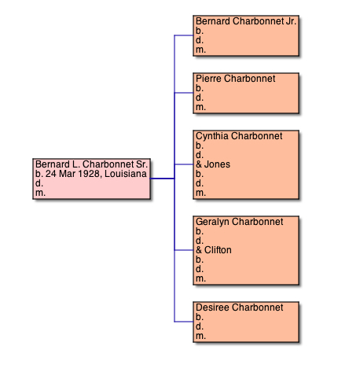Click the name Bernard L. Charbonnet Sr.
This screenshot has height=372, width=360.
pos(91,164)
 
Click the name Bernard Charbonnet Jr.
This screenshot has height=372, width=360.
pos(246,21)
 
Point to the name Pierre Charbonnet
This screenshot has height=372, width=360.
pos(236,79)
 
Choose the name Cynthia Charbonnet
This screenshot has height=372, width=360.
pos(239,136)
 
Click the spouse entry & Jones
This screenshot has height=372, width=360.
pos(213,164)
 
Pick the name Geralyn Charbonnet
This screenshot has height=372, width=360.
pos(240,222)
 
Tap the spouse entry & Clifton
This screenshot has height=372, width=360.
pos(214,250)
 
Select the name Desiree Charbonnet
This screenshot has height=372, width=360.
pos(240,308)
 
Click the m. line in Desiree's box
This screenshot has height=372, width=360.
pos(200,336)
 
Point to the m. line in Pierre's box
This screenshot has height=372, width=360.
pos(200,107)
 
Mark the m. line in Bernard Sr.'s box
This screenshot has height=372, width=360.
pos(40,193)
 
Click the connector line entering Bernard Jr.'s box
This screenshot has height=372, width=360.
pos(184,35)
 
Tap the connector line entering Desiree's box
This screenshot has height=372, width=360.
pos(184,322)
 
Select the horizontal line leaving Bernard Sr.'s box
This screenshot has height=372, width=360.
pos(162,179)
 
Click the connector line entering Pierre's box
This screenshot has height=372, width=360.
pos(184,93)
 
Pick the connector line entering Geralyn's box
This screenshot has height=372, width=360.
pos(184,250)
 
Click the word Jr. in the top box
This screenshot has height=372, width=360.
pos(291,21)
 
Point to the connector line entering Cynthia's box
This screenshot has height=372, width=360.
pos(184,164)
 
